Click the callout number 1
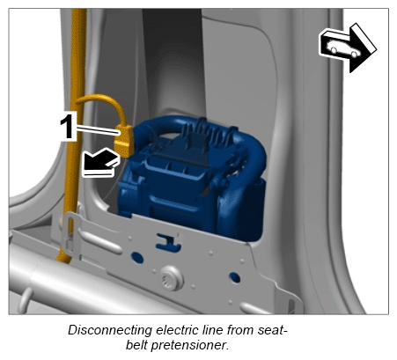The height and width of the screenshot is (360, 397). coord(68,126)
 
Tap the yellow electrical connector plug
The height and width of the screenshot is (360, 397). coord(124,140)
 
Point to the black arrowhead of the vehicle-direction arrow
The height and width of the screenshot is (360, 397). coord(362,48)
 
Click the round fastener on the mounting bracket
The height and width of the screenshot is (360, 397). coord(172,277)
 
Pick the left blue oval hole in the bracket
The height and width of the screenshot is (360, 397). coord(137,257)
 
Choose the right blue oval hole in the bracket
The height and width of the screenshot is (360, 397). coord(234,277)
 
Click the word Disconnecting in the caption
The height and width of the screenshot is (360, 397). coord(110,330)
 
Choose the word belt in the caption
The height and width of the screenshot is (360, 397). coord(136,345)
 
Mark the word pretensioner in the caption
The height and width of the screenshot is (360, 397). coord(190,345)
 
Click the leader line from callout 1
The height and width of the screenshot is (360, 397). coord(99,130)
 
